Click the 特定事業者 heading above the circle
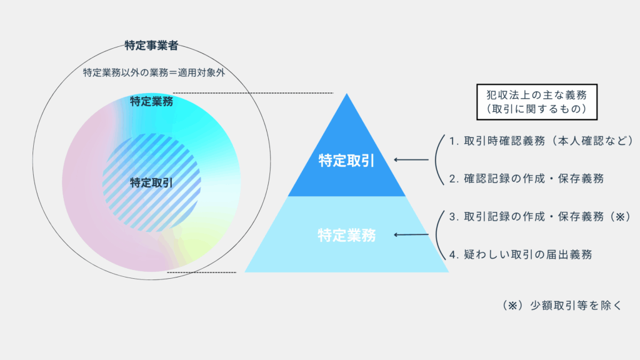tap(151, 45)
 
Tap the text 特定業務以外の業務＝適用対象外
tap(154, 72)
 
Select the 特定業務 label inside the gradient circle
tap(151, 101)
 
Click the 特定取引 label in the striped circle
tap(151, 183)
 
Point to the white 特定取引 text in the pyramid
tap(346, 161)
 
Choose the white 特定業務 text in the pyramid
tap(346, 236)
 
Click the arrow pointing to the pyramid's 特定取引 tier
tap(411, 159)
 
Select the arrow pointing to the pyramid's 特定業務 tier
tap(411, 235)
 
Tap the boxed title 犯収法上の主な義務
tap(537, 95)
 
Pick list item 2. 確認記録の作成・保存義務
tap(526, 179)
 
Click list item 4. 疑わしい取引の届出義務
tap(521, 255)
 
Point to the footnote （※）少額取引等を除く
tap(562, 305)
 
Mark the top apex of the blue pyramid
tap(346, 94)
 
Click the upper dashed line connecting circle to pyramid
tap(253, 93)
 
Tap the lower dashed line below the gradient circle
tap(202, 272)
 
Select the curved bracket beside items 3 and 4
tap(436, 235)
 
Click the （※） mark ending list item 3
tap(620, 217)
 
